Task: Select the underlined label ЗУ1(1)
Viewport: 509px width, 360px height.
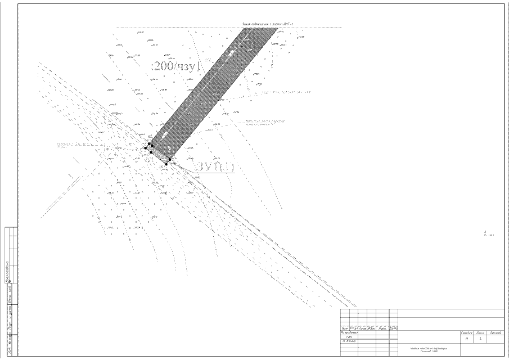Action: [x=214, y=167]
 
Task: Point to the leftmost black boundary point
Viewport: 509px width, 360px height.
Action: [x=145, y=148]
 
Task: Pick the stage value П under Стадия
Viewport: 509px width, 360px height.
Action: [x=467, y=339]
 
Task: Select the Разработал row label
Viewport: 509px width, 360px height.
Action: [x=350, y=332]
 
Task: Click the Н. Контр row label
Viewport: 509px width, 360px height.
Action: [x=350, y=341]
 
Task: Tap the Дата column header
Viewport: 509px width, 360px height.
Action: [x=394, y=327]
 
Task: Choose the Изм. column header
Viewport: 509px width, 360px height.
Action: [x=344, y=327]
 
